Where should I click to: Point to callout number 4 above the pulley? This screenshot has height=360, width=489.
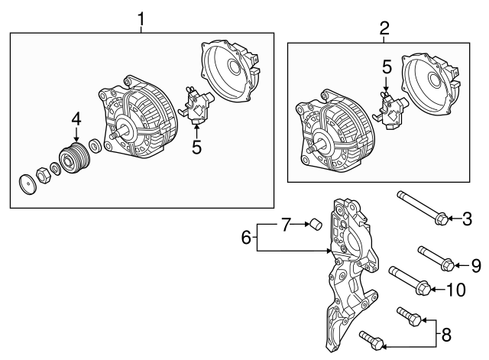pos(76,118)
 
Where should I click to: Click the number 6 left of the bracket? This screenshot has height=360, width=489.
pos(246,238)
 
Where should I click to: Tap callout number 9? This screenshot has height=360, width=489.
pos(475,265)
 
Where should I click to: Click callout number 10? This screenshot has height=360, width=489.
pos(455,289)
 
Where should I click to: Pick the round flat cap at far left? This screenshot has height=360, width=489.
pos(28,186)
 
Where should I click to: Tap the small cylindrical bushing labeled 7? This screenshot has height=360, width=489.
pos(313,224)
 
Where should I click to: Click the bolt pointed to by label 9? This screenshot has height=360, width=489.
pos(436,257)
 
